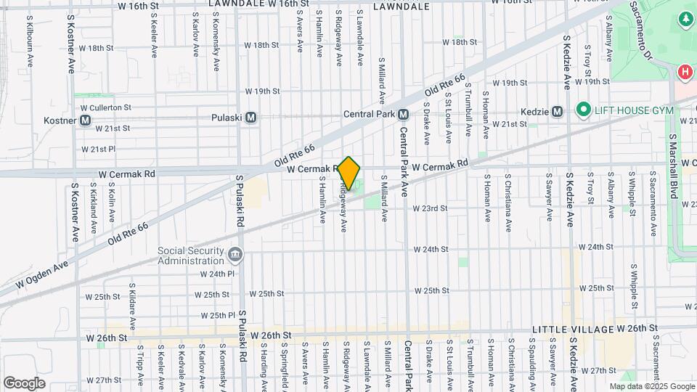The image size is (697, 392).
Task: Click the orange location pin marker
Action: (x=349, y=173)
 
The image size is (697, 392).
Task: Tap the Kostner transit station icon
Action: (x=86, y=120)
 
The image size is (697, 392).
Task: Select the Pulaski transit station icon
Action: (x=251, y=117)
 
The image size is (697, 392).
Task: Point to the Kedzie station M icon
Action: (x=557, y=112)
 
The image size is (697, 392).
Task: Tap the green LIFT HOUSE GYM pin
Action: (x=583, y=110)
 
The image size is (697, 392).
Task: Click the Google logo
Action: (x=24, y=383)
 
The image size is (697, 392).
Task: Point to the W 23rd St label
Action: (x=431, y=208)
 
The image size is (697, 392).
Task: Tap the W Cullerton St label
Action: (x=107, y=107)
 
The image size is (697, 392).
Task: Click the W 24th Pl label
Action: (x=217, y=274)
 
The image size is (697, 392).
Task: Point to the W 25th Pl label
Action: (x=217, y=316)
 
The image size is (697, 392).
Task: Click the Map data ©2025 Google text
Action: (x=651, y=387)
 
